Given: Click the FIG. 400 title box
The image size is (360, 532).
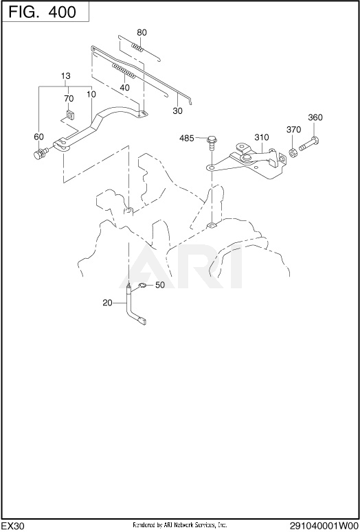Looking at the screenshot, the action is pyautogui.click(x=45, y=11).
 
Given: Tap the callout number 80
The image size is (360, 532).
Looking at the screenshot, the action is pyautogui.click(x=142, y=32).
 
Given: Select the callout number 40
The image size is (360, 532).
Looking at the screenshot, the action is pyautogui.click(x=124, y=88).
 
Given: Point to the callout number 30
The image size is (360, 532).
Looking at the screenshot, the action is pyautogui.click(x=177, y=111).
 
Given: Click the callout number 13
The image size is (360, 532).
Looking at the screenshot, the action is pyautogui.click(x=66, y=76).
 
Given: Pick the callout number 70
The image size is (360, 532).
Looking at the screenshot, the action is pyautogui.click(x=69, y=99).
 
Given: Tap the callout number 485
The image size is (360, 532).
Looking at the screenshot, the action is pyautogui.click(x=187, y=139).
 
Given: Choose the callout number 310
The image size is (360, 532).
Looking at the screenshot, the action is pyautogui.click(x=262, y=137).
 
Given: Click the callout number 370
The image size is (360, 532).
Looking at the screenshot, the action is pyautogui.click(x=294, y=130).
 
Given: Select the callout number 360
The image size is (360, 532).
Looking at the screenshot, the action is pyautogui.click(x=315, y=118).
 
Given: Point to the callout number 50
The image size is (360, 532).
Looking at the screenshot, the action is pyautogui.click(x=160, y=285).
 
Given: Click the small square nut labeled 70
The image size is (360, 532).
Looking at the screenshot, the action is pyautogui.click(x=71, y=115).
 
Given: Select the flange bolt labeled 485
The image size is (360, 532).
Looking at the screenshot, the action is pyautogui.click(x=212, y=143).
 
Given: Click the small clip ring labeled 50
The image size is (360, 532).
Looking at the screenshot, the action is pyautogui.click(x=142, y=286).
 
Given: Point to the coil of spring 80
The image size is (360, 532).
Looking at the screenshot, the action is pyautogui.click(x=137, y=47).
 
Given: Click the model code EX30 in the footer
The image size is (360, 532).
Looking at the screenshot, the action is pyautogui.click(x=13, y=526).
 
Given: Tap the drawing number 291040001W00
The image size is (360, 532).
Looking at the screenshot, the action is pyautogui.click(x=324, y=526).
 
